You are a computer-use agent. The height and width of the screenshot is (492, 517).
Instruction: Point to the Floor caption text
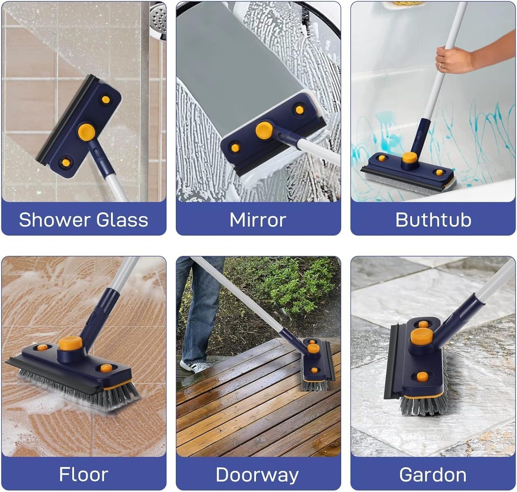84,474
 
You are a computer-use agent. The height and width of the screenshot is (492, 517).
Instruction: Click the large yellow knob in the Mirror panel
264,130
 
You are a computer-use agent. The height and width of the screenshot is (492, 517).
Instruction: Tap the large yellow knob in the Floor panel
70,344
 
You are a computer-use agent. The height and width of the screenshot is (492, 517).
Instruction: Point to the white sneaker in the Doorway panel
192,366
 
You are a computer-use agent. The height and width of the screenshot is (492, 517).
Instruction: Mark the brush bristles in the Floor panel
79,389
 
